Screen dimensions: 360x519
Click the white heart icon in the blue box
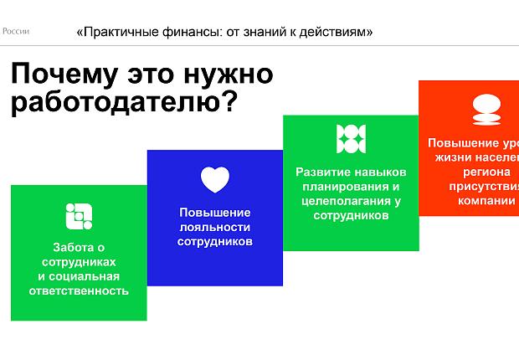point(215,179)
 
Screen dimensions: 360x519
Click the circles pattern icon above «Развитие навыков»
point(351,139)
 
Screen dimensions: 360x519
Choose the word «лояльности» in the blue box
point(214,227)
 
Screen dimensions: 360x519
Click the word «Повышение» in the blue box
point(214,212)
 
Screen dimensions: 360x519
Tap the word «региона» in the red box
point(475,172)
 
